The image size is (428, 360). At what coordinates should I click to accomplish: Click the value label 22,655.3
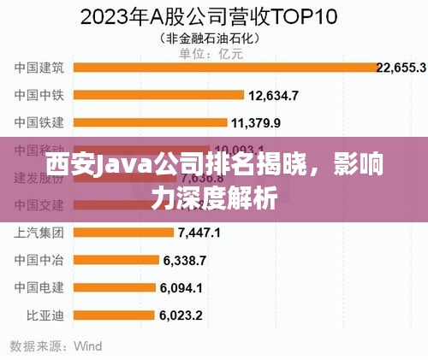(401, 68)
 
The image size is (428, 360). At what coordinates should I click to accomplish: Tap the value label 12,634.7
(273, 95)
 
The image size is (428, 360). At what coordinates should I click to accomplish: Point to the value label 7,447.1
(199, 233)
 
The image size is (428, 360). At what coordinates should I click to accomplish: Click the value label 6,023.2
(181, 316)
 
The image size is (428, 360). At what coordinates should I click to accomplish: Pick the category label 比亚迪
(45, 316)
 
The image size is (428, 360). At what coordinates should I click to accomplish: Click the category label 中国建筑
(39, 68)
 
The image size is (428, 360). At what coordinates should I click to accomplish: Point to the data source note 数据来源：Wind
(56, 346)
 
